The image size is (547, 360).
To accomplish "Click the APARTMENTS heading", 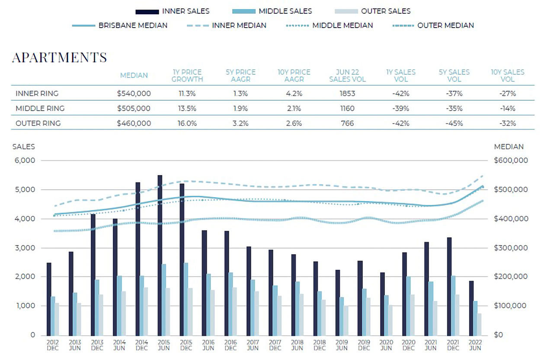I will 59,57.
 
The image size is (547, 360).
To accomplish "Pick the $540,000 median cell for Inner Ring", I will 134,93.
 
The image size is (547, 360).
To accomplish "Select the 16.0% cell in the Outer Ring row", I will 187,123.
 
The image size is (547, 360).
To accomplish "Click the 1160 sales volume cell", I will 347,108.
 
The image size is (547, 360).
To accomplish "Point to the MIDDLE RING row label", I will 37,108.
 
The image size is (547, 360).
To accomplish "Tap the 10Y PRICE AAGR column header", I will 294,76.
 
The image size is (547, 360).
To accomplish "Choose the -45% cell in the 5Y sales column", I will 454,123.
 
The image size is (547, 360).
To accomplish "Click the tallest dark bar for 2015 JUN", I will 160,255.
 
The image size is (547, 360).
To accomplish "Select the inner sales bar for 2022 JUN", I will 471,308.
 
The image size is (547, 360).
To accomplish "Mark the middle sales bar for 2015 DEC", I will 186,299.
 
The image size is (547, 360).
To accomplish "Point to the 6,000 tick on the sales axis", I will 26,160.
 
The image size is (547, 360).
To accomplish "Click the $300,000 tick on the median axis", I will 511,248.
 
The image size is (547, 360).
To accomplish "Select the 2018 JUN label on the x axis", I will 297,345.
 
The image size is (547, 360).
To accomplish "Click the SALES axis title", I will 23,147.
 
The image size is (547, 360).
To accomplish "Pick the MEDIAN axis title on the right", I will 509,147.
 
